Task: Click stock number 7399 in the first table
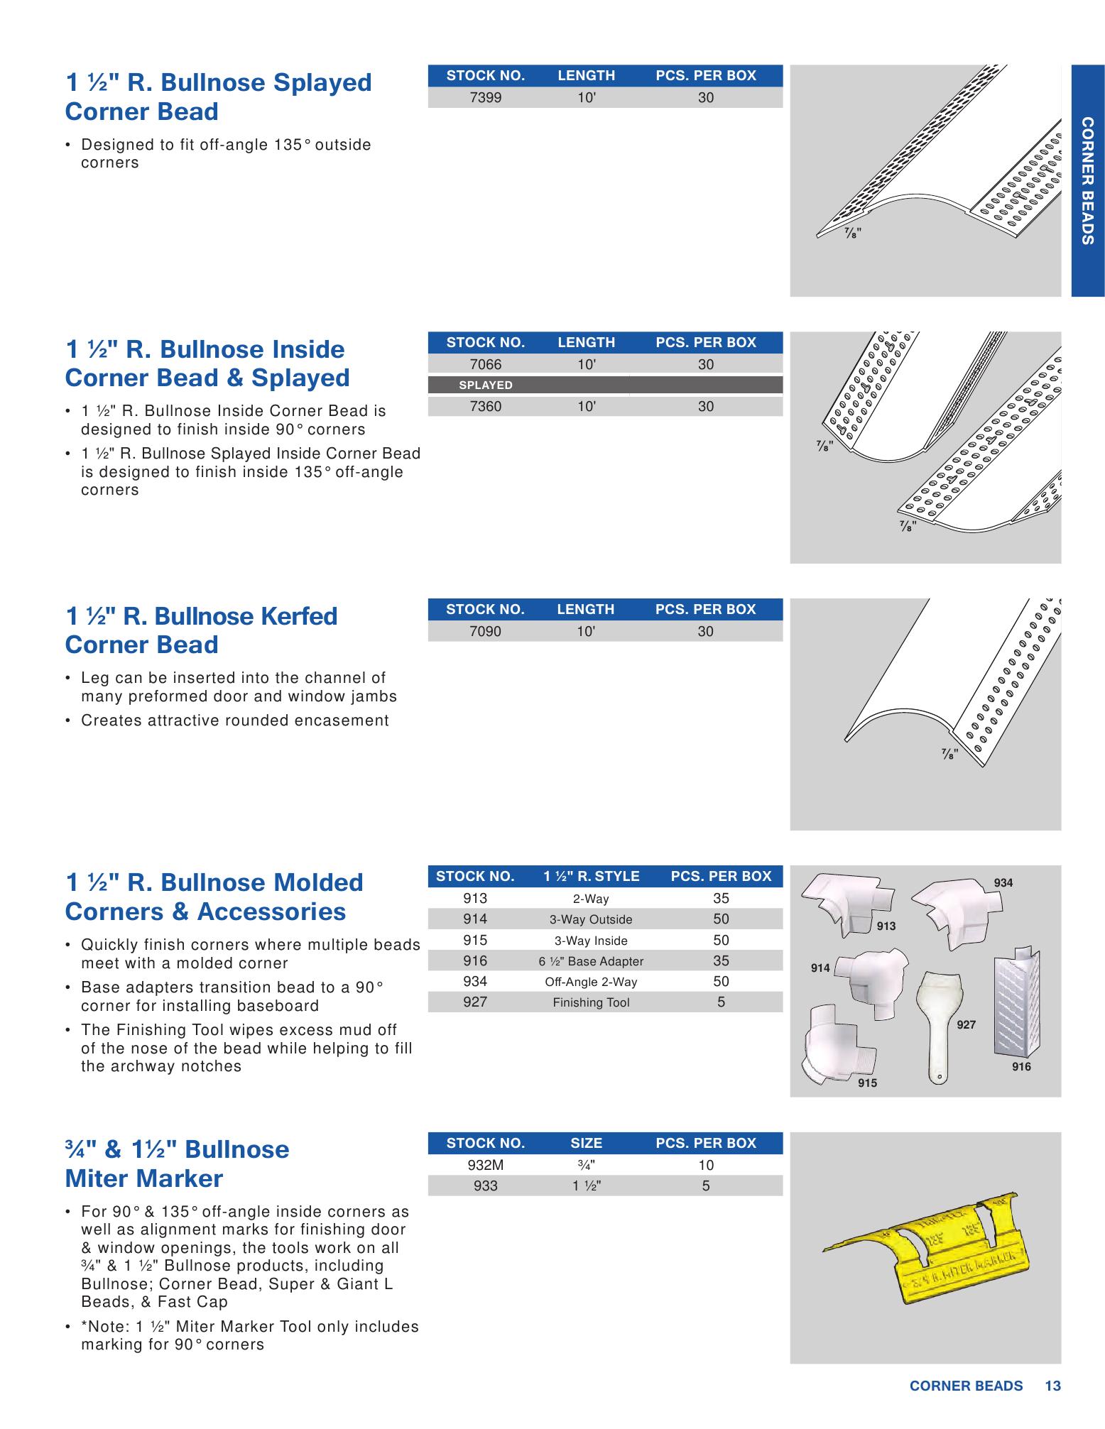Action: (485, 98)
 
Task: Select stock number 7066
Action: (485, 365)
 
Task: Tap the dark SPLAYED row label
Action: (486, 385)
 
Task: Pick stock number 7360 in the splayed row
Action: (485, 407)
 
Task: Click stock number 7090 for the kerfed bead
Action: (485, 632)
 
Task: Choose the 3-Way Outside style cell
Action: (591, 920)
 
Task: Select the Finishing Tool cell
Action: (591, 1003)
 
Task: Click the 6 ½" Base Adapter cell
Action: (591, 962)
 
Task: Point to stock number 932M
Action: (485, 1166)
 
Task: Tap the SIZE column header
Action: (586, 1144)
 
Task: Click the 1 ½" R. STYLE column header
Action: (591, 877)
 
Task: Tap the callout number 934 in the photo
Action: (1003, 883)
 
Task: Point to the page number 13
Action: (1052, 1386)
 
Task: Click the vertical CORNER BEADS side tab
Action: (1087, 181)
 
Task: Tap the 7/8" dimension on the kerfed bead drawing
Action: (949, 753)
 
